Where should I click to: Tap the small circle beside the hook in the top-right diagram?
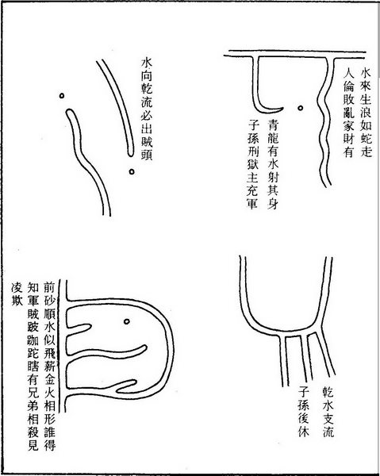point(301,106)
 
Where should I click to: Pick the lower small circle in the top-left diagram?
point(131,171)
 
